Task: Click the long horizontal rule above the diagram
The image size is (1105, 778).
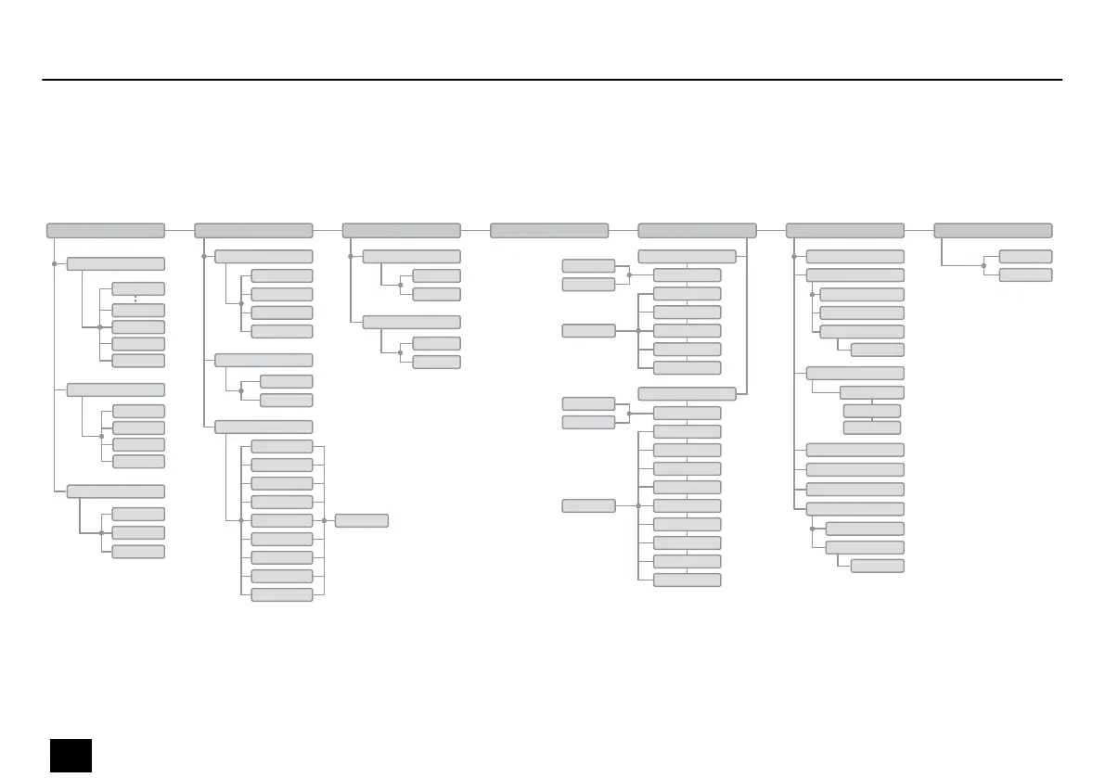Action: pyautogui.click(x=552, y=80)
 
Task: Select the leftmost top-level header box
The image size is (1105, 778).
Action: pyautogui.click(x=106, y=230)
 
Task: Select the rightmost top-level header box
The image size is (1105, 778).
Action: pyautogui.click(x=993, y=230)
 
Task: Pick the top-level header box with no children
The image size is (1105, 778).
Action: pyautogui.click(x=549, y=230)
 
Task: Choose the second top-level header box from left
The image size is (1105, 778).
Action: pyautogui.click(x=253, y=230)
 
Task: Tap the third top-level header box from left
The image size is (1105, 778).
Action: pyautogui.click(x=401, y=230)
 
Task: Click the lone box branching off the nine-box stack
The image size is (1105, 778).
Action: pyautogui.click(x=362, y=520)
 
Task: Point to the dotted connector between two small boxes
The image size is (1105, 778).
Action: pyautogui.click(x=135, y=299)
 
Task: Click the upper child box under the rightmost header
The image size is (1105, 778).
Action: pyautogui.click(x=1025, y=256)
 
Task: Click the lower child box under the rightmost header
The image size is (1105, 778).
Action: pyautogui.click(x=1025, y=274)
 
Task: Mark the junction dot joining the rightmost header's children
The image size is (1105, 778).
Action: pyautogui.click(x=983, y=265)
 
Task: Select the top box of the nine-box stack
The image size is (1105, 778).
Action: pyautogui.click(x=282, y=446)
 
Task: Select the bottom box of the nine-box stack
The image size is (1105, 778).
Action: pyautogui.click(x=282, y=594)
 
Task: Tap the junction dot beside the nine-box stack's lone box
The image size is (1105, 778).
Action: pyautogui.click(x=324, y=520)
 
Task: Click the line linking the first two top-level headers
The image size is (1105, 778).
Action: pyautogui.click(x=179, y=230)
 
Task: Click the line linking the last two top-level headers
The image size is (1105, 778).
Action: pyautogui.click(x=919, y=230)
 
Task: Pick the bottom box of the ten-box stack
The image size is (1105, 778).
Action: pyautogui.click(x=687, y=580)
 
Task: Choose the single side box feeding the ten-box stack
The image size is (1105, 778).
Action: pyautogui.click(x=588, y=505)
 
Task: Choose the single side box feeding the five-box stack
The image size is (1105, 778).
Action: pyautogui.click(x=588, y=330)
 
